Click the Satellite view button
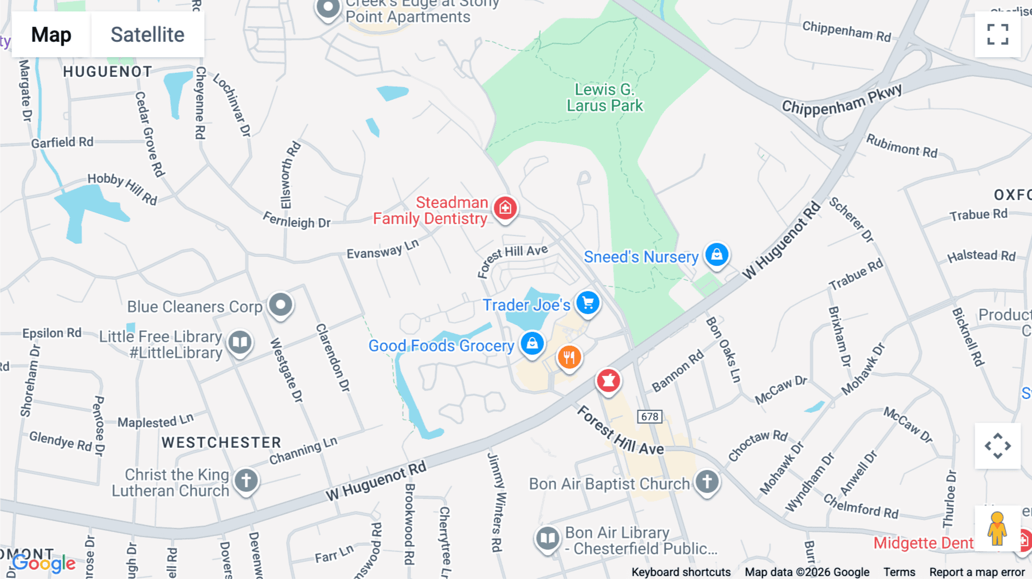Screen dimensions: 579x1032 point(147,34)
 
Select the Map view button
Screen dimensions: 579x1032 point(51,34)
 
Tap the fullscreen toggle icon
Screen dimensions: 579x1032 point(998,34)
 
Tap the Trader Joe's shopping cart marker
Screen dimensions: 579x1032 point(588,303)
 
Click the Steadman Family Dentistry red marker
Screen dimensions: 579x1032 point(505,208)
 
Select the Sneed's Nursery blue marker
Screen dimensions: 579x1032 point(717,254)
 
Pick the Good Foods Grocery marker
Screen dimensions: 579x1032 point(532,343)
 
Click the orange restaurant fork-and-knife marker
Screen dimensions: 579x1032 point(569,358)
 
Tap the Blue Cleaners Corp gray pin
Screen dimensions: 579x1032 point(280,304)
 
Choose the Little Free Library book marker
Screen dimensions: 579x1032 point(240,343)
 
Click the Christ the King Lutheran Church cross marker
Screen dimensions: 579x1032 point(246,480)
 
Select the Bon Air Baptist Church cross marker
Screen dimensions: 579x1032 point(707,482)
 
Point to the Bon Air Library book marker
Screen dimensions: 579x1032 point(548,538)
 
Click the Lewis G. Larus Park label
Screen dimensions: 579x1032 point(605,97)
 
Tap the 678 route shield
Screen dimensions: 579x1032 point(650,417)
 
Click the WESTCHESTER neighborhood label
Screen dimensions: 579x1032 point(221,443)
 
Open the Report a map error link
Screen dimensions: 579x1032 point(977,572)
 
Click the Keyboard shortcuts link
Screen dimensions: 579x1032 point(681,572)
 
